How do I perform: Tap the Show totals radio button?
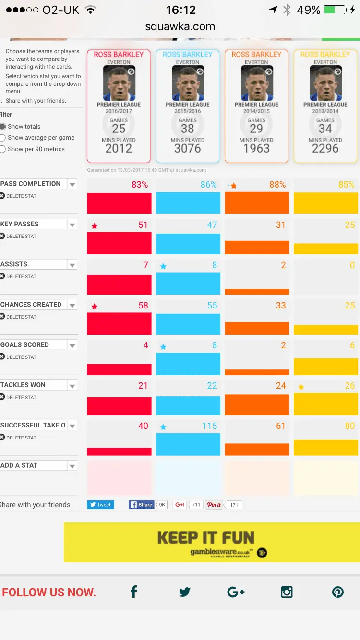click(3, 127)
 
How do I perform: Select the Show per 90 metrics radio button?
click(3, 149)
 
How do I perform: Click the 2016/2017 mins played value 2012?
click(119, 148)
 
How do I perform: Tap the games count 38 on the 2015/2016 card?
click(187, 129)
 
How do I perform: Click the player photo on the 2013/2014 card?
click(325, 83)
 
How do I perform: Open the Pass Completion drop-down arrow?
click(72, 184)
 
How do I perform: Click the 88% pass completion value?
click(277, 185)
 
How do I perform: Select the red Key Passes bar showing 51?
click(119, 243)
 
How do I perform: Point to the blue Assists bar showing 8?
click(188, 283)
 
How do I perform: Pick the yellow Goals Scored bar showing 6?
click(325, 367)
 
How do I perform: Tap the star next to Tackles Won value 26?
click(301, 387)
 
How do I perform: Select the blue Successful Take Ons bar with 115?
click(188, 444)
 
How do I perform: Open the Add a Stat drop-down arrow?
click(72, 466)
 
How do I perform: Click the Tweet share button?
click(101, 505)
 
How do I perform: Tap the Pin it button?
click(214, 505)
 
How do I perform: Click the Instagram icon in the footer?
click(287, 592)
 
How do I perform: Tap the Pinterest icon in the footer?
click(338, 592)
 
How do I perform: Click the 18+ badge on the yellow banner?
click(262, 553)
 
